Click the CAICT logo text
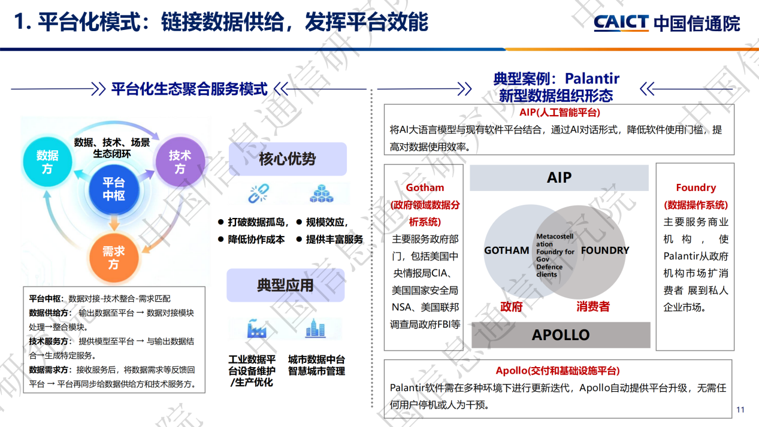(621, 23)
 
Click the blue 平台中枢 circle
(113, 189)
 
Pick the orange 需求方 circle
(113, 257)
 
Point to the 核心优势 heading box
(288, 159)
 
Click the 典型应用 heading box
(285, 285)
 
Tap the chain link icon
(259, 193)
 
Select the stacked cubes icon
(322, 193)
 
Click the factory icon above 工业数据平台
(256, 329)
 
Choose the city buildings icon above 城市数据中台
(315, 329)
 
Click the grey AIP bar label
(559, 178)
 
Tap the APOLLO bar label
(561, 335)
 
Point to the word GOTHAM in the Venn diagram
(507, 250)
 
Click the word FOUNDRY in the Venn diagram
(605, 250)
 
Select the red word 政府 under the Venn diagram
(512, 307)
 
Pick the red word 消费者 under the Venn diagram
(593, 307)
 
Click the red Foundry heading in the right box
(696, 188)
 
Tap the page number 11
(740, 410)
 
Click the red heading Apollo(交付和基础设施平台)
(558, 371)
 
